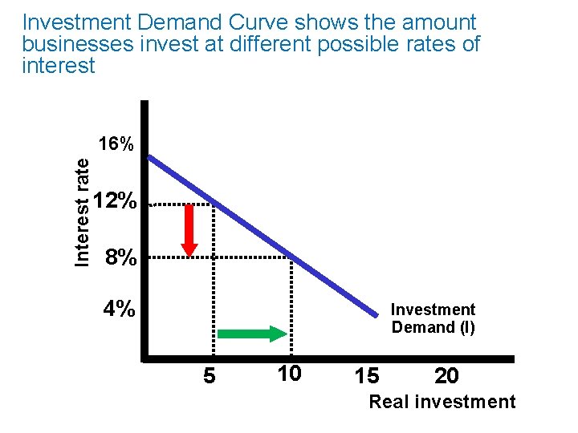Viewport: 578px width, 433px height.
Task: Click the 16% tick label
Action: (116, 145)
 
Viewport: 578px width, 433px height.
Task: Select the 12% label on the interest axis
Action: (116, 201)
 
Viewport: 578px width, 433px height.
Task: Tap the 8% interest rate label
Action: (120, 257)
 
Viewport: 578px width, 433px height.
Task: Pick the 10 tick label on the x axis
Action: (288, 373)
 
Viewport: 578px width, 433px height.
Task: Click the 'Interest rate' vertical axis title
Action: (82, 211)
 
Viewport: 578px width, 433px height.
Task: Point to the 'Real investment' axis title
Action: (442, 403)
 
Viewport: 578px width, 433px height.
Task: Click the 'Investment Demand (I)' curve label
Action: (433, 318)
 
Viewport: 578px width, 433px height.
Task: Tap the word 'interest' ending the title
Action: (59, 65)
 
